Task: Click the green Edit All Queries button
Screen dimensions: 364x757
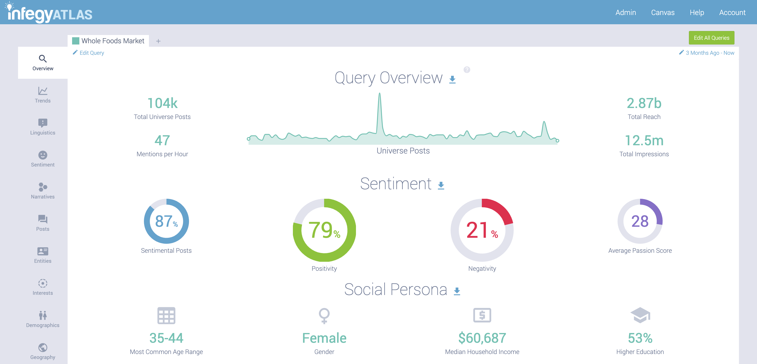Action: pos(711,38)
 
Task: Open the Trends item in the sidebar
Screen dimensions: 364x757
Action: pos(43,94)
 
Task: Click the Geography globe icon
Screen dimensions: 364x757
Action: pos(43,347)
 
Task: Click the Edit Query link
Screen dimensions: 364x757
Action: pos(91,53)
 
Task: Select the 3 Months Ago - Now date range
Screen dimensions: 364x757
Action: pos(709,53)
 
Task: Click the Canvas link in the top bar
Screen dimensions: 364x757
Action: pos(663,12)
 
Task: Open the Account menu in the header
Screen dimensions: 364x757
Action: pos(732,12)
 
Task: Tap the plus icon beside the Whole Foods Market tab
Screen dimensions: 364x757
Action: pos(158,41)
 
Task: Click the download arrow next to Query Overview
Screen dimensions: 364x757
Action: pos(452,79)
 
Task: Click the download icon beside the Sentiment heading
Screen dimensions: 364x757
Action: pos(441,185)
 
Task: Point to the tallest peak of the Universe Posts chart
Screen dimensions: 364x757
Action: pos(380,94)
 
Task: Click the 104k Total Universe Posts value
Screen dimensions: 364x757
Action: pos(162,103)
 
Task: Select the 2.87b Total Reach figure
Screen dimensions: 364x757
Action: pos(644,103)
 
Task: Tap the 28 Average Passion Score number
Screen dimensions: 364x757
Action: pos(640,221)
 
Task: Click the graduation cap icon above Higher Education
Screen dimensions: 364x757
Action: pos(640,315)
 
